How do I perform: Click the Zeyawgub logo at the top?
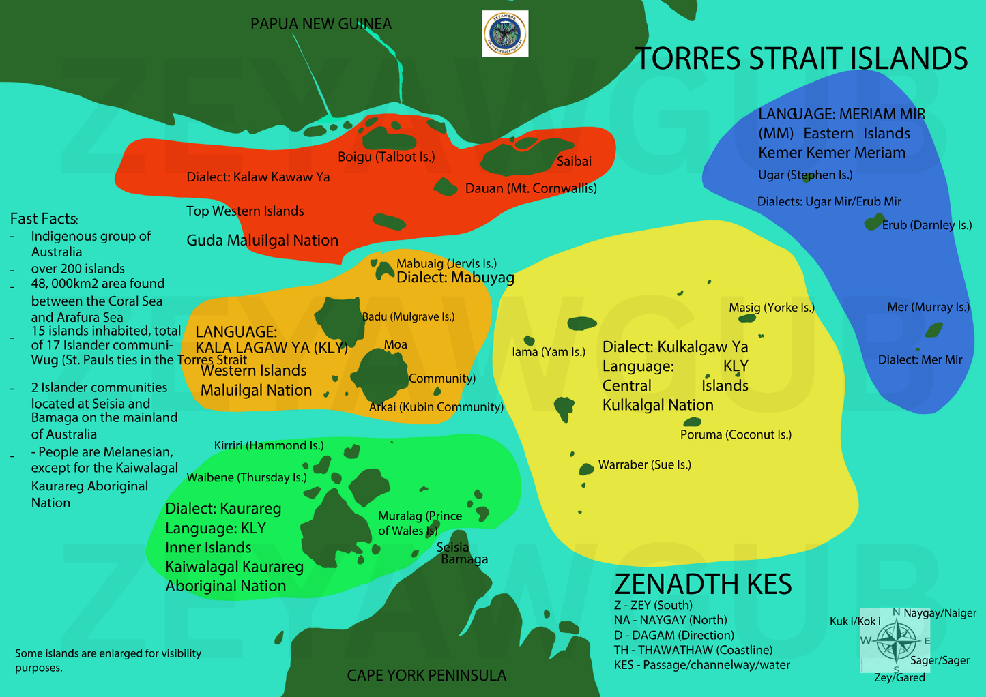tap(505, 33)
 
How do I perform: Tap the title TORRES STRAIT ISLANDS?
tap(801, 59)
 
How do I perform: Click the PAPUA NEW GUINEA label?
tap(321, 24)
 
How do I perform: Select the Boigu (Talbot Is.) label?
tap(386, 157)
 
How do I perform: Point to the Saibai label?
tap(574, 162)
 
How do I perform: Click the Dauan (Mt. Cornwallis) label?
tap(531, 188)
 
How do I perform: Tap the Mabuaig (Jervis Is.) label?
tap(446, 263)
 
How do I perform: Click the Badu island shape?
tap(338, 318)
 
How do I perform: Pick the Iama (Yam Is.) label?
tap(549, 352)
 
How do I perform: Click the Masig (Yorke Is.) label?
tap(772, 308)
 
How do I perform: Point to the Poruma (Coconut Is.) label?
tap(736, 434)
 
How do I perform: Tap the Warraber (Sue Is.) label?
tap(644, 464)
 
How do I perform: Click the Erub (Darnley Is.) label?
tap(927, 225)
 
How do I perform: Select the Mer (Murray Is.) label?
tap(928, 307)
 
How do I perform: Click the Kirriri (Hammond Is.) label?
tap(269, 445)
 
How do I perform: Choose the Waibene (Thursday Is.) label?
tap(246, 477)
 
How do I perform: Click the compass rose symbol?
tap(895, 642)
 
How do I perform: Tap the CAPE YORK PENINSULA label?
tap(426, 675)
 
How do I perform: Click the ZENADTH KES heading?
tap(703, 584)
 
